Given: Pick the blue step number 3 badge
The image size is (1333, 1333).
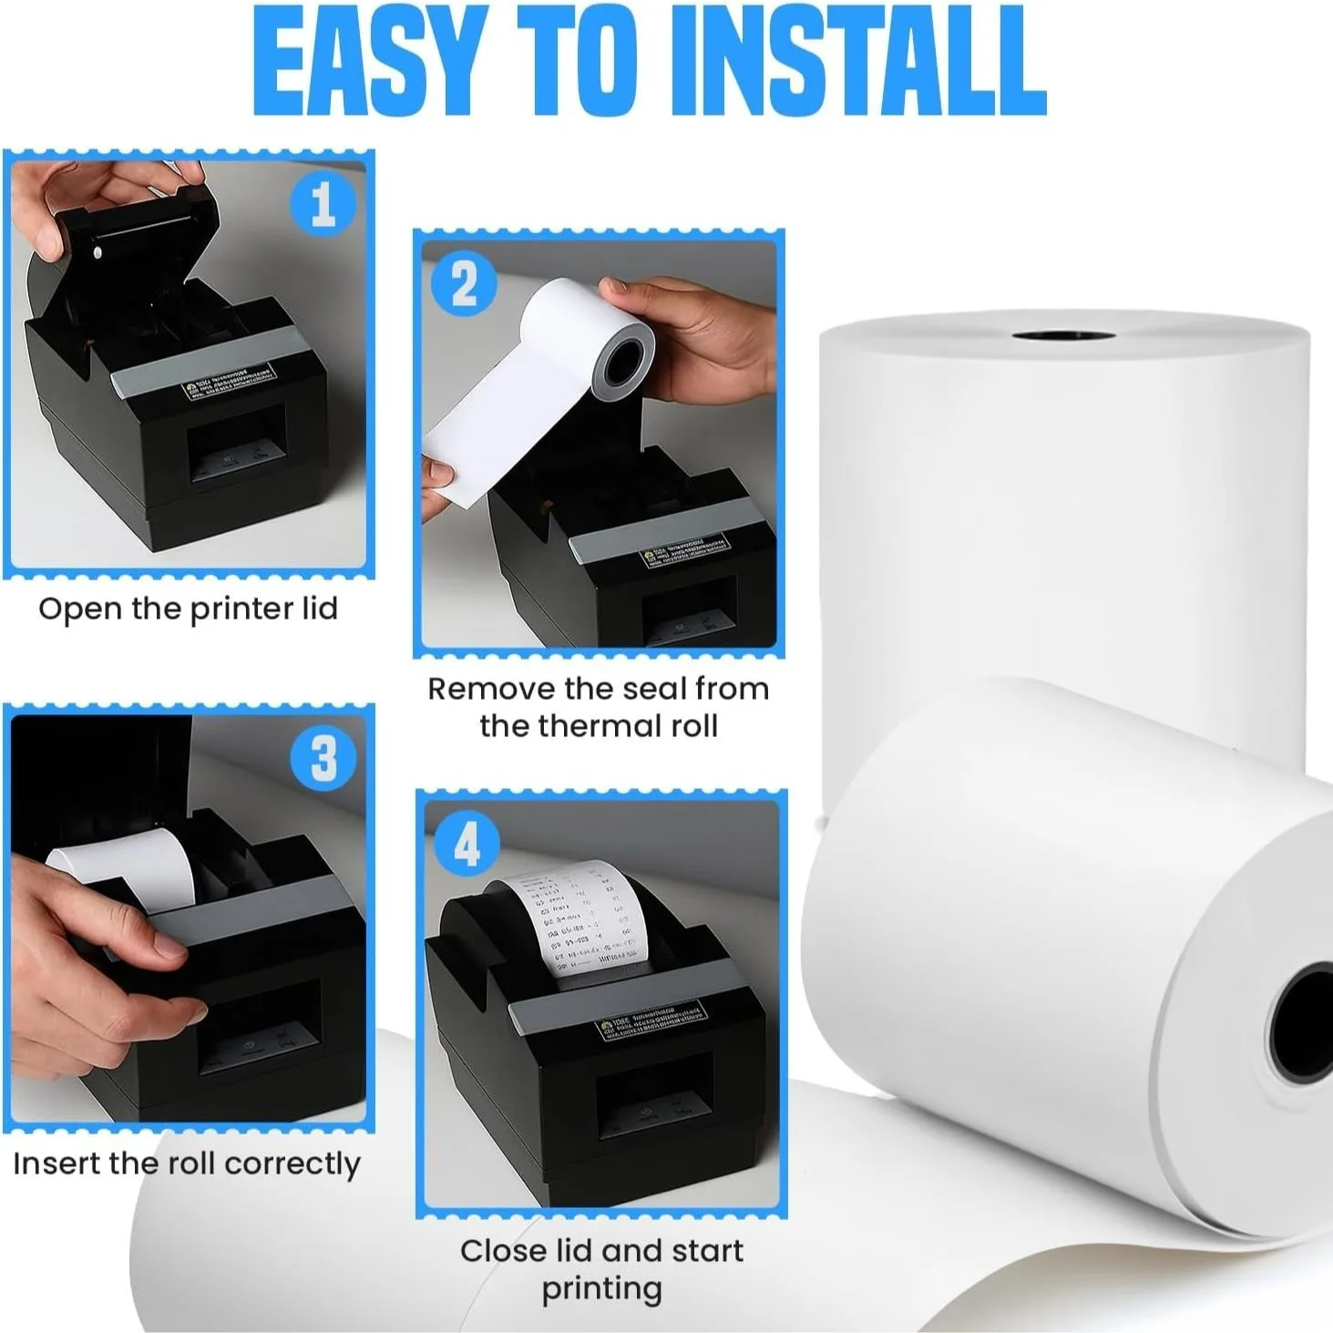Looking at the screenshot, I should click(323, 757).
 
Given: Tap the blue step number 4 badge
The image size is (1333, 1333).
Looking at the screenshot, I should click(467, 844).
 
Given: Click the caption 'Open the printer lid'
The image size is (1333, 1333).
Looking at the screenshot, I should click(188, 609).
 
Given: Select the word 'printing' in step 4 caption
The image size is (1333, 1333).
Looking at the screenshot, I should click(601, 1289).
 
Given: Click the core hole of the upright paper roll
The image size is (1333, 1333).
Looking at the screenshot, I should click(1062, 336).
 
